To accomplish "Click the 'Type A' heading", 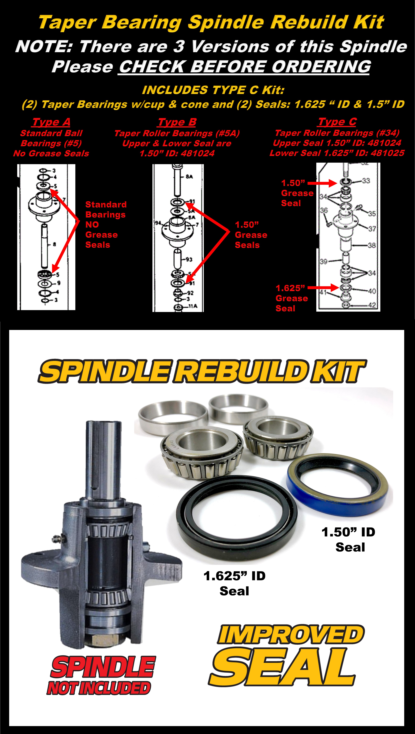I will (51, 122).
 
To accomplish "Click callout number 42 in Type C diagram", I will (372, 305).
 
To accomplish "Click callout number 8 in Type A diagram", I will (54, 244).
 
